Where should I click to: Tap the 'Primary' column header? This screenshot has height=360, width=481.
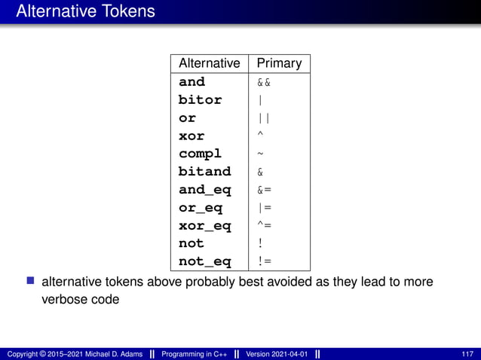point(279,63)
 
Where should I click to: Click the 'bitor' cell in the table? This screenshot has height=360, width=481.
point(200,99)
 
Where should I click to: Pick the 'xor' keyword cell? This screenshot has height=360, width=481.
point(191,136)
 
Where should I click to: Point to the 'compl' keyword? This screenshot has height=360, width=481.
point(200,154)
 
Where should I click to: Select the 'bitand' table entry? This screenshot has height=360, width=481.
point(204,172)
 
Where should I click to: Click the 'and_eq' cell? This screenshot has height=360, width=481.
point(204,190)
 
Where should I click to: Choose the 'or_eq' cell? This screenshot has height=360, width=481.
point(200,208)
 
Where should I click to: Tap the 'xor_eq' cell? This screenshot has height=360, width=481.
point(204,226)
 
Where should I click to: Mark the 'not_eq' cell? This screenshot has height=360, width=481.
point(204,261)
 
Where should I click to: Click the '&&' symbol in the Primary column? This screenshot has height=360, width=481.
point(264,82)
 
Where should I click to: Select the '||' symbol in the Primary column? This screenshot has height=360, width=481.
point(264,118)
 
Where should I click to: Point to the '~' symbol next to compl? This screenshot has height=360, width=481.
point(261,154)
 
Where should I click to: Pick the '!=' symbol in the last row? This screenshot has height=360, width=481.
point(264,261)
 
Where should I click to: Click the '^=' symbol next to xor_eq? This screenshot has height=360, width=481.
point(264,225)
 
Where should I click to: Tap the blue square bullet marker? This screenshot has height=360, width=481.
point(31,282)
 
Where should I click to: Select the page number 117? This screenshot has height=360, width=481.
point(467,354)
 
